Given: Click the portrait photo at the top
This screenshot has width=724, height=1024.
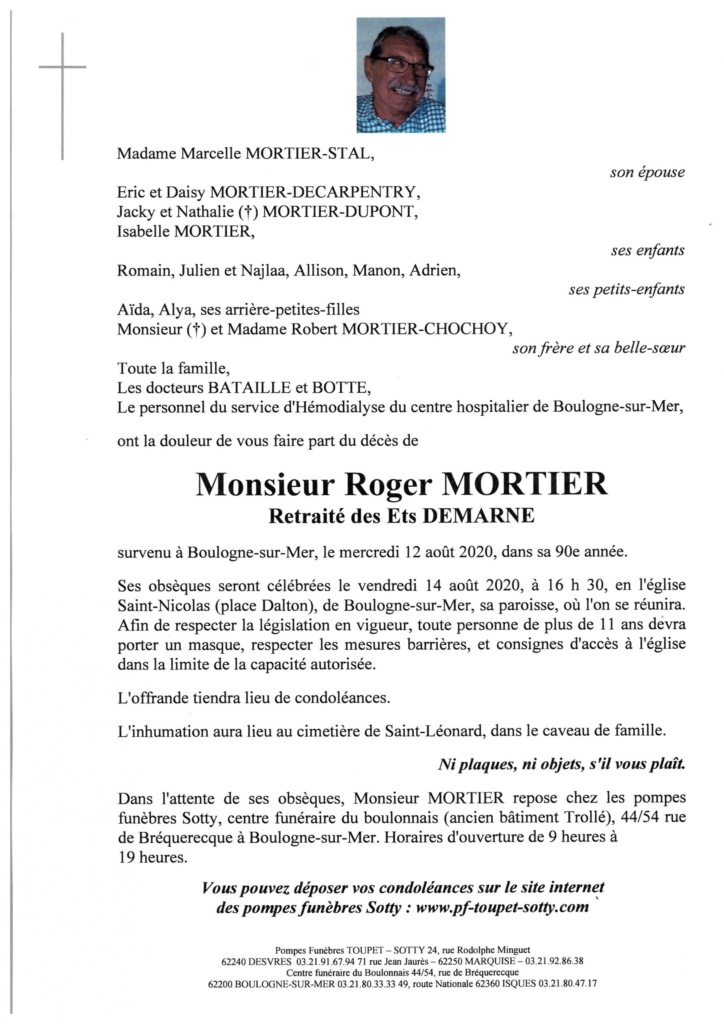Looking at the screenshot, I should pyautogui.click(x=400, y=74).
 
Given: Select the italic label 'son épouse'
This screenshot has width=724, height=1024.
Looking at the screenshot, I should pyautogui.click(x=647, y=172).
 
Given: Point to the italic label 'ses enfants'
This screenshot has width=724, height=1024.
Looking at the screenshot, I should pyautogui.click(x=647, y=250).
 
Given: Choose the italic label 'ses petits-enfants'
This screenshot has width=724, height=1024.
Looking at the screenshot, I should pyautogui.click(x=626, y=289).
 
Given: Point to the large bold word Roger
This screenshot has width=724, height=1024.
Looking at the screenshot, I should pyautogui.click(x=388, y=484).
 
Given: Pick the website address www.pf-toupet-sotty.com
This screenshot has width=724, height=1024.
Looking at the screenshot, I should pyautogui.click(x=502, y=907).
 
